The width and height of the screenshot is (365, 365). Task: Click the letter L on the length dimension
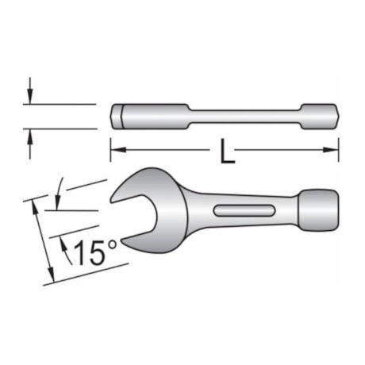click(228, 151)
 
